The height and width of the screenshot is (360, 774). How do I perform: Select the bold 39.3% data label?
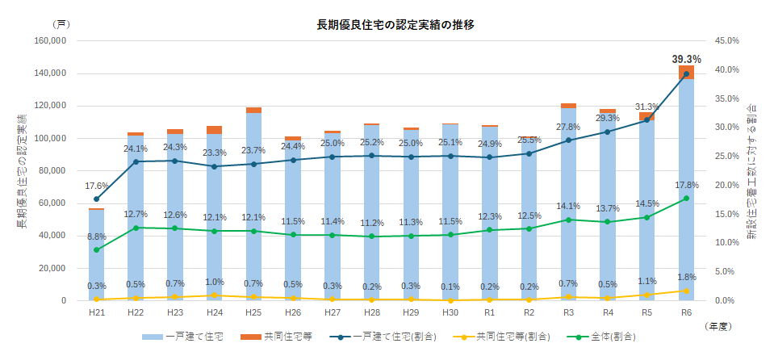[x=686, y=59]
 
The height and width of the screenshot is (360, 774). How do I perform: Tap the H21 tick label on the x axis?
[x=96, y=312]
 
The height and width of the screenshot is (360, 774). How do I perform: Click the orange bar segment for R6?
[x=686, y=72]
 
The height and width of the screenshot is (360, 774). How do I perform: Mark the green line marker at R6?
[x=686, y=199]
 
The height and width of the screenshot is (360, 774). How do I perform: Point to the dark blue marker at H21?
[x=96, y=199]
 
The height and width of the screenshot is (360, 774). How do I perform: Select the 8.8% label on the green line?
[x=96, y=237]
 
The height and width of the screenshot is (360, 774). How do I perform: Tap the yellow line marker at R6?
[x=686, y=291]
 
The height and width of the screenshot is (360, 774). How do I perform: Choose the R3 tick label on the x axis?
[x=568, y=312]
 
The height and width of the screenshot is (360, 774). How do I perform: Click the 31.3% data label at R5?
[x=646, y=107]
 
